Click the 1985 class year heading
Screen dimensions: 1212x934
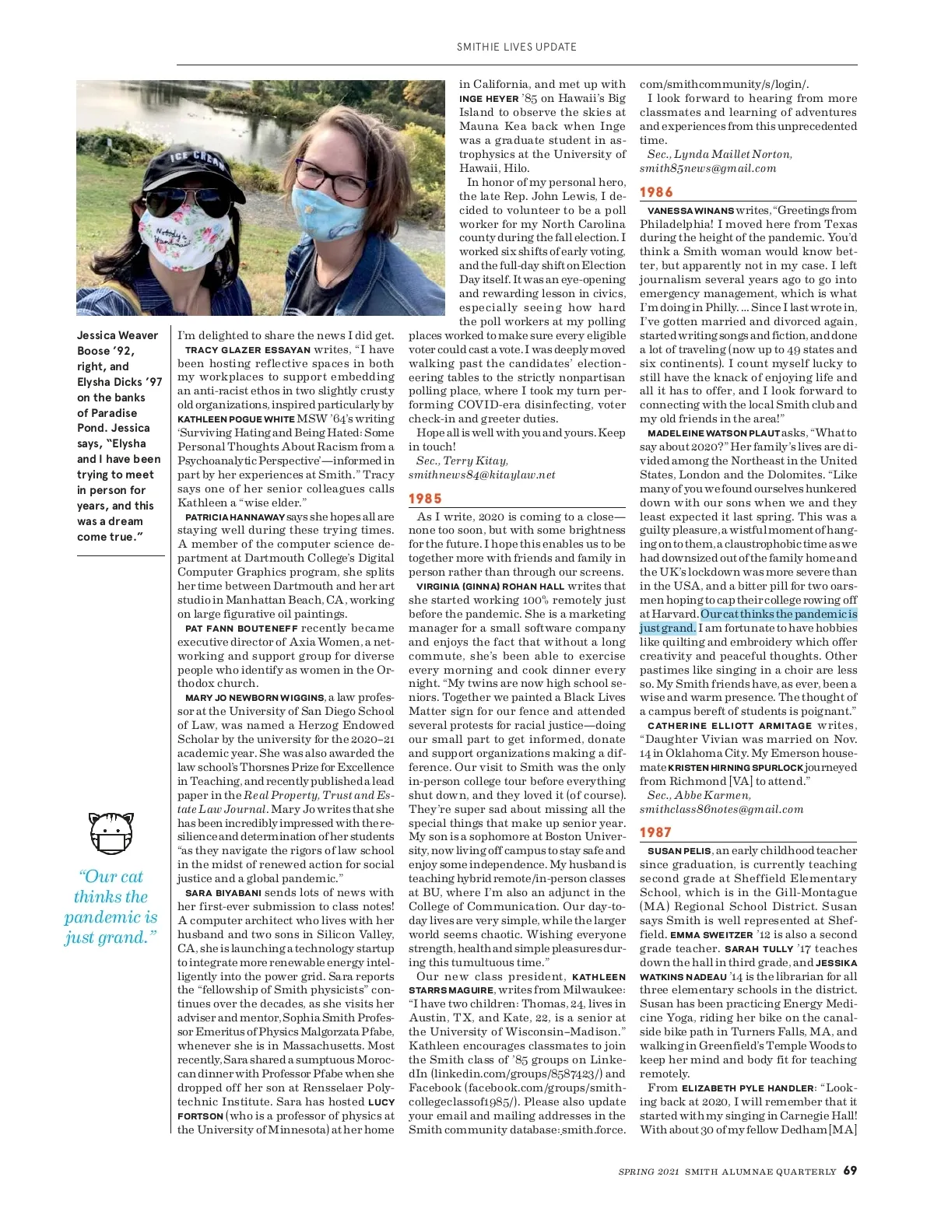(x=425, y=499)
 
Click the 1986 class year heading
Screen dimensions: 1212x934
(x=656, y=192)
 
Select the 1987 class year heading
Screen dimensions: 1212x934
(x=655, y=832)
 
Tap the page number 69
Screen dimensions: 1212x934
(x=850, y=1171)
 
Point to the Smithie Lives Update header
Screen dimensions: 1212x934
(x=517, y=47)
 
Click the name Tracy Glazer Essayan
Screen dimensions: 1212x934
(x=248, y=350)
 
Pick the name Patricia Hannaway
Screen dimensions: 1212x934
(x=234, y=517)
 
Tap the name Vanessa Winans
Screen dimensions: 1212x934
(x=690, y=210)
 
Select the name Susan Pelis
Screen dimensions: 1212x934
(x=679, y=850)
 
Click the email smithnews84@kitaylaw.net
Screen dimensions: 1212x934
(x=482, y=475)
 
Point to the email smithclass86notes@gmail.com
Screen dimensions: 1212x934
(x=721, y=809)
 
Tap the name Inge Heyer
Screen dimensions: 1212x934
(x=489, y=99)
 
